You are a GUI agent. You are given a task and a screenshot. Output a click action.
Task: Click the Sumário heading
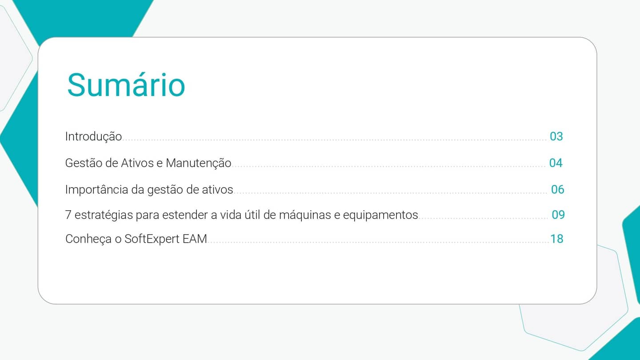point(126,85)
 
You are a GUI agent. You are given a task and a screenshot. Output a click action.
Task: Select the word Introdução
point(93,136)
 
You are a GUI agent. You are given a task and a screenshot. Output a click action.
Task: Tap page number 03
point(556,136)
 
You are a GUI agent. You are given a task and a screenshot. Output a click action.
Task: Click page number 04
point(556,163)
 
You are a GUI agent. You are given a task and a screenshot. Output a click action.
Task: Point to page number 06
point(557,190)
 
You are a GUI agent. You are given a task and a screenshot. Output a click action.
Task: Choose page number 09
point(558,215)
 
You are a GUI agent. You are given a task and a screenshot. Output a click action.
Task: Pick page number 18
point(556,239)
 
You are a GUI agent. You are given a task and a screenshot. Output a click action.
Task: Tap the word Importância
point(96,190)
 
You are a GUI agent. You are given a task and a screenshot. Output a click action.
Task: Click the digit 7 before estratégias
point(68,215)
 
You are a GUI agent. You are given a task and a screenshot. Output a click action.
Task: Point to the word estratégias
point(104,215)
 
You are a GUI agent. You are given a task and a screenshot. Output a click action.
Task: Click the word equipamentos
point(380,216)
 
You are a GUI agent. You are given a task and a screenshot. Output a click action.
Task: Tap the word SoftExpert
point(152,239)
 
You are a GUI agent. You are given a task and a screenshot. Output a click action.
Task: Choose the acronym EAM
point(195,239)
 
